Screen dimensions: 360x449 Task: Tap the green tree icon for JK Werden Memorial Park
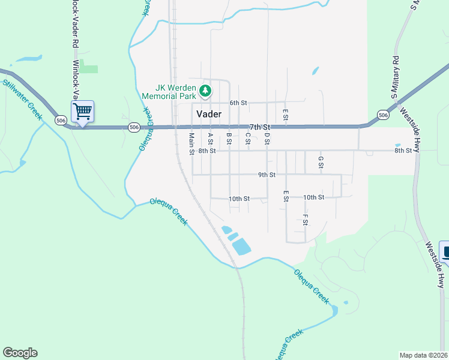tap(206, 91)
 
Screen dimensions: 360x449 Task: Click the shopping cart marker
tap(82, 110)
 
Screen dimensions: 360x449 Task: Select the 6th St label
tap(238, 103)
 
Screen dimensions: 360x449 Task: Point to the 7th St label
tap(260, 127)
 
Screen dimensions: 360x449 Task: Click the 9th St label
tap(267, 175)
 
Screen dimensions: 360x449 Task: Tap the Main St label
tap(191, 143)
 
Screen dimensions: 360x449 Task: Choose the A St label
tap(211, 139)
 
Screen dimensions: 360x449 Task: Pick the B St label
tap(229, 139)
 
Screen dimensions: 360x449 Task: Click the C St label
tap(247, 139)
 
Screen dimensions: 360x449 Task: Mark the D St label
tap(266, 139)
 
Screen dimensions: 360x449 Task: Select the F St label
tap(305, 220)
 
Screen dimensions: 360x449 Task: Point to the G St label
tap(321, 162)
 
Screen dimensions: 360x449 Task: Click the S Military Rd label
tap(395, 77)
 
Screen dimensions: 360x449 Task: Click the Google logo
tap(20, 353)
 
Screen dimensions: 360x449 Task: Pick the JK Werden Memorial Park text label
tap(169, 91)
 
